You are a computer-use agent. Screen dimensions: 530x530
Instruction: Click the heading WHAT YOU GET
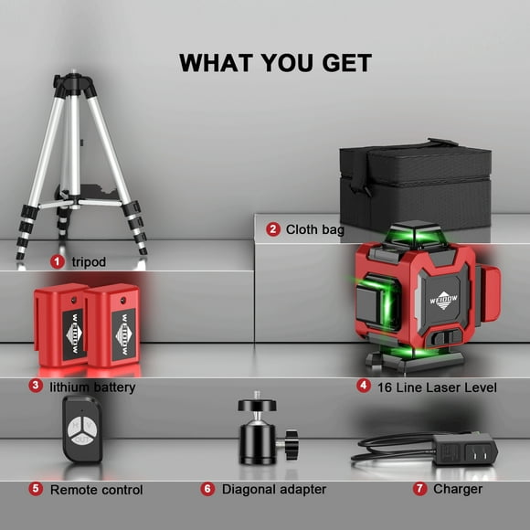(275, 62)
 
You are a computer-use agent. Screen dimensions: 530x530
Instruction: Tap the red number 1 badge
(58, 261)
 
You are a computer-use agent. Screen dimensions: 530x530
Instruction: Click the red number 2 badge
(272, 229)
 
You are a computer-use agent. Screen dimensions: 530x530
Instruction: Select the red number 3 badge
(35, 386)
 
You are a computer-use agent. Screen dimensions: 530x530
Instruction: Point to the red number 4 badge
(363, 386)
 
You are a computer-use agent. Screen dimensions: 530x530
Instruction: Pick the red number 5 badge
(35, 489)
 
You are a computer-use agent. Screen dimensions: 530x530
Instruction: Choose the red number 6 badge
(207, 489)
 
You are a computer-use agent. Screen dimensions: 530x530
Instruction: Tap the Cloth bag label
(314, 229)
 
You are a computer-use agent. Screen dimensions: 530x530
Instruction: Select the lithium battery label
(93, 387)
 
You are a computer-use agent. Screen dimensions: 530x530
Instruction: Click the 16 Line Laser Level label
(438, 387)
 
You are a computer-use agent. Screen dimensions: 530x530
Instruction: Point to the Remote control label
(96, 490)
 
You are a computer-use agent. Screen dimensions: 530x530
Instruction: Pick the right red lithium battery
(112, 323)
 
